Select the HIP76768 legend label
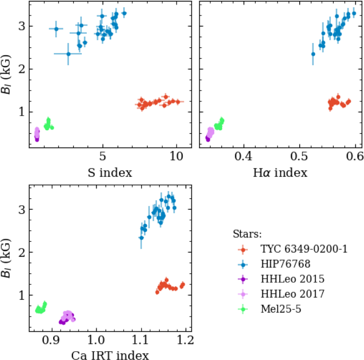pos(285,264)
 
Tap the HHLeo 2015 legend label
pos(292,279)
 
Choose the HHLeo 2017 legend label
pos(292,294)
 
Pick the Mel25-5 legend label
pos(281,309)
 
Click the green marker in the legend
pos(243,309)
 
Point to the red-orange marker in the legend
pos(243,249)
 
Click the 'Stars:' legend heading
pos(247,234)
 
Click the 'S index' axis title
pos(110,173)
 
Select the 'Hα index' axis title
pos(280,173)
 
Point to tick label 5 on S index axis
pos(103,157)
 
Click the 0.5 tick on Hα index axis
pos(299,157)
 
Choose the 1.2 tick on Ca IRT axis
pos(185,340)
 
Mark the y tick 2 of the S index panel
pos(22,69)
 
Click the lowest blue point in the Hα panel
pos(313,54)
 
